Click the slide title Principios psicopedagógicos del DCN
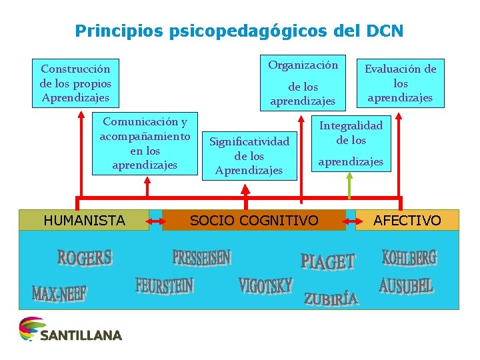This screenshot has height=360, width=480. (x=239, y=31)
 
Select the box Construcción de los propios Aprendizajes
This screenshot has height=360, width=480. (x=75, y=83)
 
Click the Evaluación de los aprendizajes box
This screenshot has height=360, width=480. (x=400, y=83)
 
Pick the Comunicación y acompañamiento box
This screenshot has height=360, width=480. (x=145, y=143)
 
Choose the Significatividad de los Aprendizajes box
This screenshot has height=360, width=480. (x=249, y=155)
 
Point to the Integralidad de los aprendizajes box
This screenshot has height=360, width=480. (x=351, y=143)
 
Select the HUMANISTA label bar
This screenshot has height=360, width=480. (x=84, y=220)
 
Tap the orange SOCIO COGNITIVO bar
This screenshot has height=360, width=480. (x=254, y=220)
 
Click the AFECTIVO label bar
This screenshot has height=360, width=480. (x=407, y=220)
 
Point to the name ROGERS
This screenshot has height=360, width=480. (x=85, y=257)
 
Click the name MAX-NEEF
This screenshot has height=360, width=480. (x=60, y=292)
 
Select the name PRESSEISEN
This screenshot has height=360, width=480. (x=201, y=257)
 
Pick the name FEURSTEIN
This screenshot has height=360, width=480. (x=165, y=285)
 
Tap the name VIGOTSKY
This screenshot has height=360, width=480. (x=265, y=286)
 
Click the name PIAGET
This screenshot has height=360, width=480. (x=328, y=261)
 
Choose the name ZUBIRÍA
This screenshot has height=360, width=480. (x=331, y=298)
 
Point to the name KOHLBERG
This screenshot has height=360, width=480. (x=409, y=257)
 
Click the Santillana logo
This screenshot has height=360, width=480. (x=70, y=329)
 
